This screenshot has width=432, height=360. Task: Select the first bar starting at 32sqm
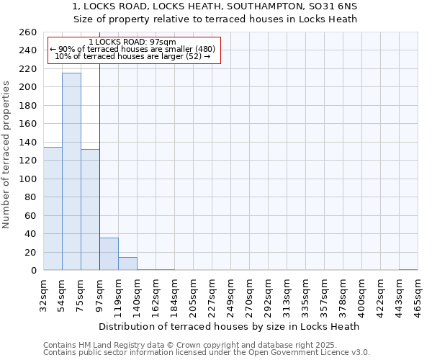tap(53, 209)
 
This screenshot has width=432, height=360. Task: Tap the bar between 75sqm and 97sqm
tap(90, 210)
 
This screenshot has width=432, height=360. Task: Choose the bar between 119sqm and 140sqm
tap(127, 264)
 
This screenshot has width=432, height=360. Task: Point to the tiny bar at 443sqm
tap(408, 269)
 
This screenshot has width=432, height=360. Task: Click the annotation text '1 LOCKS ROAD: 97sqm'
tap(132, 42)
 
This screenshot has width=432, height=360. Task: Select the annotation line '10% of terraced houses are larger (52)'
tap(132, 56)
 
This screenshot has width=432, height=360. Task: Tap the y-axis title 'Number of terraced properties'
tap(7, 154)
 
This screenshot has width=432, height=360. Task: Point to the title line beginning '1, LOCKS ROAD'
tap(215, 6)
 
